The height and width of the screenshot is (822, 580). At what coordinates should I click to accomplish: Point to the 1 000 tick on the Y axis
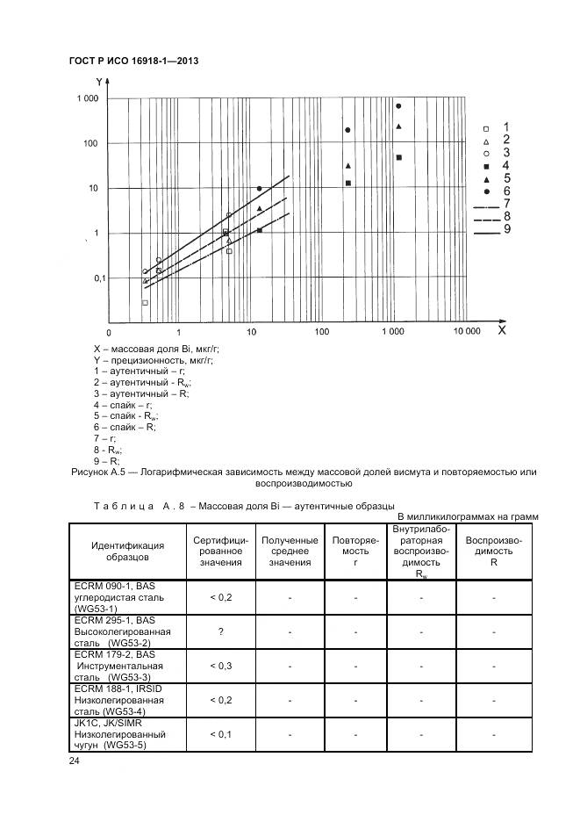85,98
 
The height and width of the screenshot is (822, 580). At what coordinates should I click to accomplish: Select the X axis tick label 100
321,333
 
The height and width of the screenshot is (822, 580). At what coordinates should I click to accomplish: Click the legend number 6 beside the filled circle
506,191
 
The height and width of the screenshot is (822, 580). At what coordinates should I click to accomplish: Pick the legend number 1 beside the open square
506,127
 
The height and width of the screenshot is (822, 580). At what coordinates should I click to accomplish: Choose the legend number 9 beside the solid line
506,231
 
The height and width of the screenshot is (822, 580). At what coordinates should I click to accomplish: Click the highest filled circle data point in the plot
398,105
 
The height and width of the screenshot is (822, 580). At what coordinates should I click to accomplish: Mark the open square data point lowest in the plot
145,302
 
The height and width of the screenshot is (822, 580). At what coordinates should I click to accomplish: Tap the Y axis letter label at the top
98,82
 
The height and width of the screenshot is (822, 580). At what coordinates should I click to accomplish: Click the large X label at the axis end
502,330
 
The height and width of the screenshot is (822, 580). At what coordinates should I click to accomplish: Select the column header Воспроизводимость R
493,552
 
